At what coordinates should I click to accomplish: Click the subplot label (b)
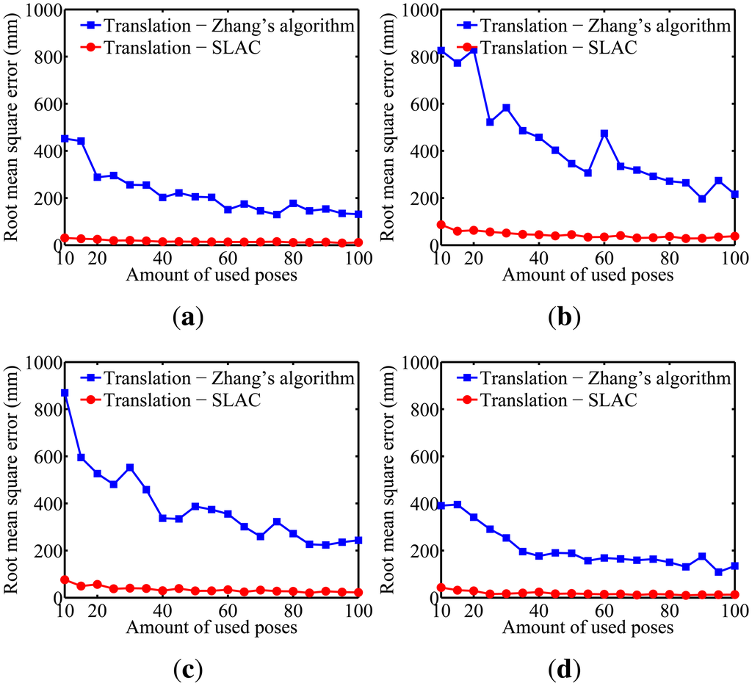(x=564, y=318)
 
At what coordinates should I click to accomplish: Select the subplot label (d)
(x=564, y=671)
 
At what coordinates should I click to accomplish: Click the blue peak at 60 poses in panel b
(x=604, y=134)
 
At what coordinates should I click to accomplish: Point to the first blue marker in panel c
(x=65, y=393)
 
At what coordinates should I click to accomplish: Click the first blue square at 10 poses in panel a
(x=65, y=138)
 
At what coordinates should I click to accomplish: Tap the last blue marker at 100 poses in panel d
(x=734, y=566)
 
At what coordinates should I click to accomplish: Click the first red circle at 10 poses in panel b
(x=441, y=225)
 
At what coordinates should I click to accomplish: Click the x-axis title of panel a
(x=211, y=275)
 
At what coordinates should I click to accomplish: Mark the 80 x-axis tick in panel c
(x=293, y=612)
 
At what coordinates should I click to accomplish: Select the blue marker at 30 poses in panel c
(x=130, y=467)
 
